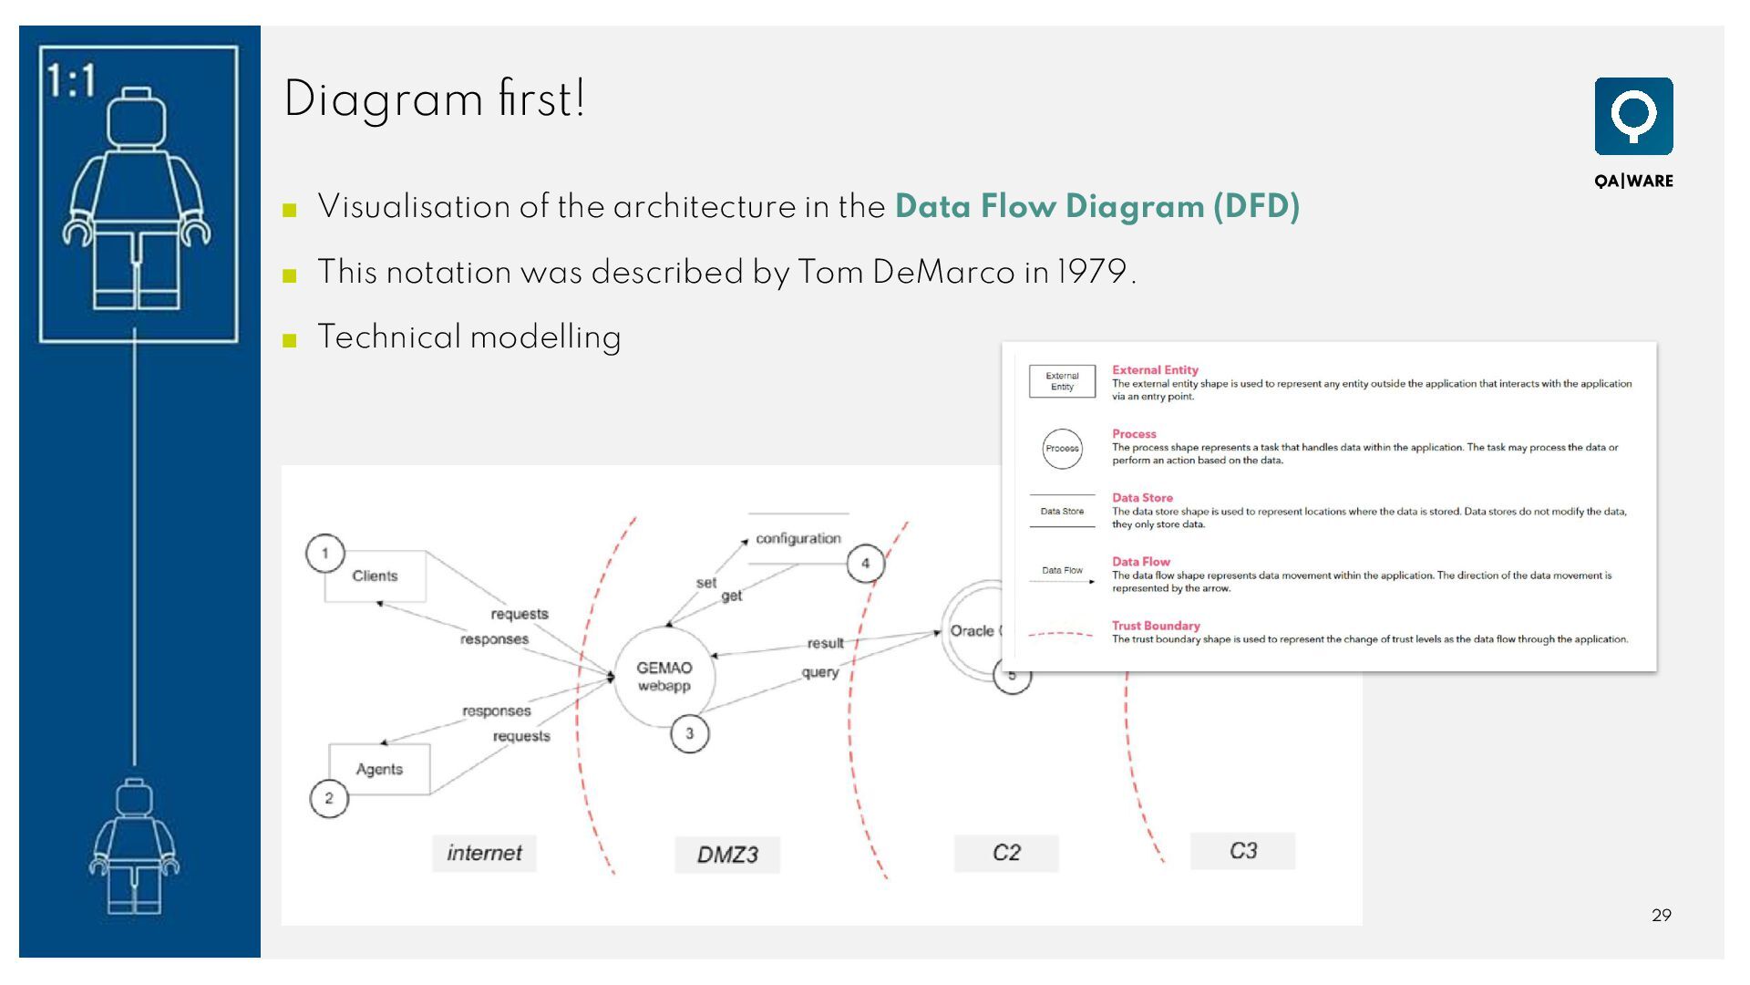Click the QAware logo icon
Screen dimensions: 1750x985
[1633, 117]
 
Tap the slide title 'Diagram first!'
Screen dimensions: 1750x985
[435, 98]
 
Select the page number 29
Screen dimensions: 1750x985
[1661, 915]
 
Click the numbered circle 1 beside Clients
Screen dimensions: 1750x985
[324, 554]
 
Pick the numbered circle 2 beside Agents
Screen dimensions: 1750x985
[329, 799]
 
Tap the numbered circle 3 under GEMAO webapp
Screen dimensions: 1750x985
[689, 733]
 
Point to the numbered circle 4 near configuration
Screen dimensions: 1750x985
[865, 564]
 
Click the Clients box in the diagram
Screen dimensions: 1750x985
[375, 576]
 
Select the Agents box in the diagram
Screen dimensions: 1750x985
[379, 770]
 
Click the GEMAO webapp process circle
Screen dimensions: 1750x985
[664, 677]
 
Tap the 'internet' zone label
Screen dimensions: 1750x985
[484, 853]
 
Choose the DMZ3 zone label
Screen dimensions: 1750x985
[727, 855]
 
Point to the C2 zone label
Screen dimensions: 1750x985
[1006, 853]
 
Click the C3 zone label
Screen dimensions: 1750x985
[1242, 851]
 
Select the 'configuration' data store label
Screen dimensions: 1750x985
[798, 538]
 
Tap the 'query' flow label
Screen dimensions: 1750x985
[819, 672]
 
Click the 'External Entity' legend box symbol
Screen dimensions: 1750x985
[1062, 381]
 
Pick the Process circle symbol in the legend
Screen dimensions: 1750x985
[1062, 449]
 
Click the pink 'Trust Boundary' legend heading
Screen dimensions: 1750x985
[1156, 626]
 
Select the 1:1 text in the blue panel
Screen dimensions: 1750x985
[71, 80]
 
